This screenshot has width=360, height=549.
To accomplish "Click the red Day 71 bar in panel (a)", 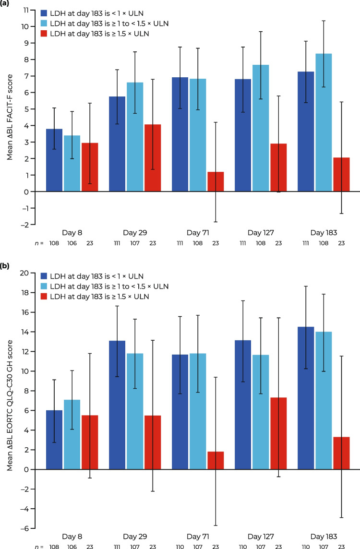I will [216, 182].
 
